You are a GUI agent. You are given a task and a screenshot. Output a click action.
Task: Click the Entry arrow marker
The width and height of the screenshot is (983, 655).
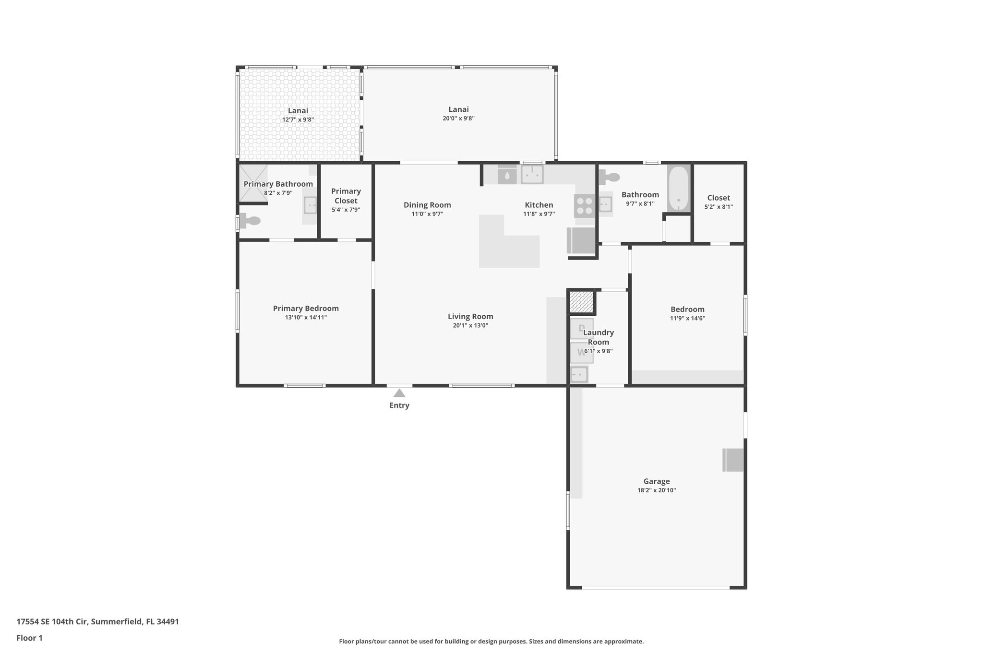399,393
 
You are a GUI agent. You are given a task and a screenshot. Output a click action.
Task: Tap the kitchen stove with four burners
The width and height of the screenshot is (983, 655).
585,206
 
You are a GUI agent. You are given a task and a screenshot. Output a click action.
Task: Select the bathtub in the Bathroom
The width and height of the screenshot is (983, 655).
678,188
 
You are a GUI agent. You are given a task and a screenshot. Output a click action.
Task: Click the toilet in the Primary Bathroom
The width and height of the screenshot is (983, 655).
250,221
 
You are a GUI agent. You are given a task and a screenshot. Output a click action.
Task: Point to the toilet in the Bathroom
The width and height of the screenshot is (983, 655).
610,177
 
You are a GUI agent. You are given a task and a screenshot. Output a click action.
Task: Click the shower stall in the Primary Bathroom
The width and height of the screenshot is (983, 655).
253,182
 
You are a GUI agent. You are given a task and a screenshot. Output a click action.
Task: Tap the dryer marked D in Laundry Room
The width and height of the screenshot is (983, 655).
581,329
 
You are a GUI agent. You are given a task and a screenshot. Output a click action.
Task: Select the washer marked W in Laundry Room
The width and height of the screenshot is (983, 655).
581,352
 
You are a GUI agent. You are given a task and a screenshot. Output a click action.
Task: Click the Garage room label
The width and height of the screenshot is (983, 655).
656,481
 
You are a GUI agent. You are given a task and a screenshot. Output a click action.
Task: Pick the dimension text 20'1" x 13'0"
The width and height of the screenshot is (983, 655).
470,325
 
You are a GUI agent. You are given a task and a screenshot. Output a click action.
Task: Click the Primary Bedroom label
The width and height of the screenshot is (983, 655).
306,309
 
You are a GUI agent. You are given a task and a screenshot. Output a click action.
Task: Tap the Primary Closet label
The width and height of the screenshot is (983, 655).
346,196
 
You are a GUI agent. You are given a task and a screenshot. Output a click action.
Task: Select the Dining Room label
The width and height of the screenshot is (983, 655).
427,205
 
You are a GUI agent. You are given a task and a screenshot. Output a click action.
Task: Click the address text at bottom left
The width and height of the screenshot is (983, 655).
97,622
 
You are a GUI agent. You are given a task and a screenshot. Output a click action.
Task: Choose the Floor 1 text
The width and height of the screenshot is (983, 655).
29,638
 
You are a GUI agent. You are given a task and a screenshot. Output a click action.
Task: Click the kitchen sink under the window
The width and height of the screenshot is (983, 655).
532,174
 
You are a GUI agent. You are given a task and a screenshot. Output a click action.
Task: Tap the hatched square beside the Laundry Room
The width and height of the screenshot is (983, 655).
581,302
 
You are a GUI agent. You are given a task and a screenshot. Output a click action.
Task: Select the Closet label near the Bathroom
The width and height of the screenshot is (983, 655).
718,198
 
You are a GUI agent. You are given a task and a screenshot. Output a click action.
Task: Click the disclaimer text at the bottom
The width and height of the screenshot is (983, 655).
491,641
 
